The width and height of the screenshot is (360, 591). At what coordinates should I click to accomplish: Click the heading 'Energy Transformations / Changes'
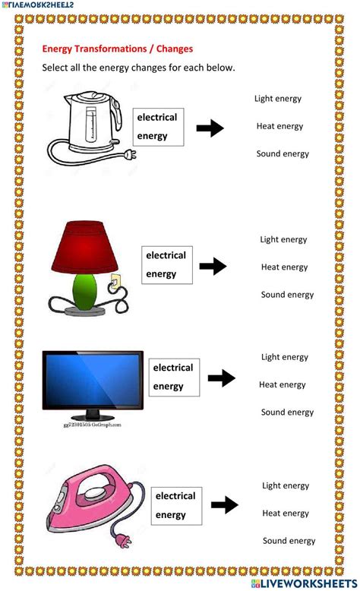117,49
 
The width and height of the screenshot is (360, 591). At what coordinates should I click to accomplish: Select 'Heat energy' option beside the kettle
279,126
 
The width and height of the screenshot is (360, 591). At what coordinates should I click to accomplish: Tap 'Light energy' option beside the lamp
283,239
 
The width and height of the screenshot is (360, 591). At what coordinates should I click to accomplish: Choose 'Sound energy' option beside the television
287,412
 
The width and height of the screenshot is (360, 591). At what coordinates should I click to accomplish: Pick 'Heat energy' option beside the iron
286,514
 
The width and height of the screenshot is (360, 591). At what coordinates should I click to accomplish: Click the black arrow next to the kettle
210,128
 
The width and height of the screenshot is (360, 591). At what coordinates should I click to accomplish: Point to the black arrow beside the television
222,378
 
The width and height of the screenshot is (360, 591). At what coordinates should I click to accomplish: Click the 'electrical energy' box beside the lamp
166,265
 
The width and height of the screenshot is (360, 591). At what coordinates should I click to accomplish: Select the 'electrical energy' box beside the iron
176,505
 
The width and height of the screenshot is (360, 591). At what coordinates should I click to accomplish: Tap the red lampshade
85,247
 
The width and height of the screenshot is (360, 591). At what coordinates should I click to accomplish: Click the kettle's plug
131,155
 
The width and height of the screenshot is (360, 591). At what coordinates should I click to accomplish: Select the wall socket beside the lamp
115,282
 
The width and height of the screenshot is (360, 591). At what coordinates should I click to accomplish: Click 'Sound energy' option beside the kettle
283,153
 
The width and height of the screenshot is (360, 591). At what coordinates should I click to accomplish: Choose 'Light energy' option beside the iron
286,485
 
